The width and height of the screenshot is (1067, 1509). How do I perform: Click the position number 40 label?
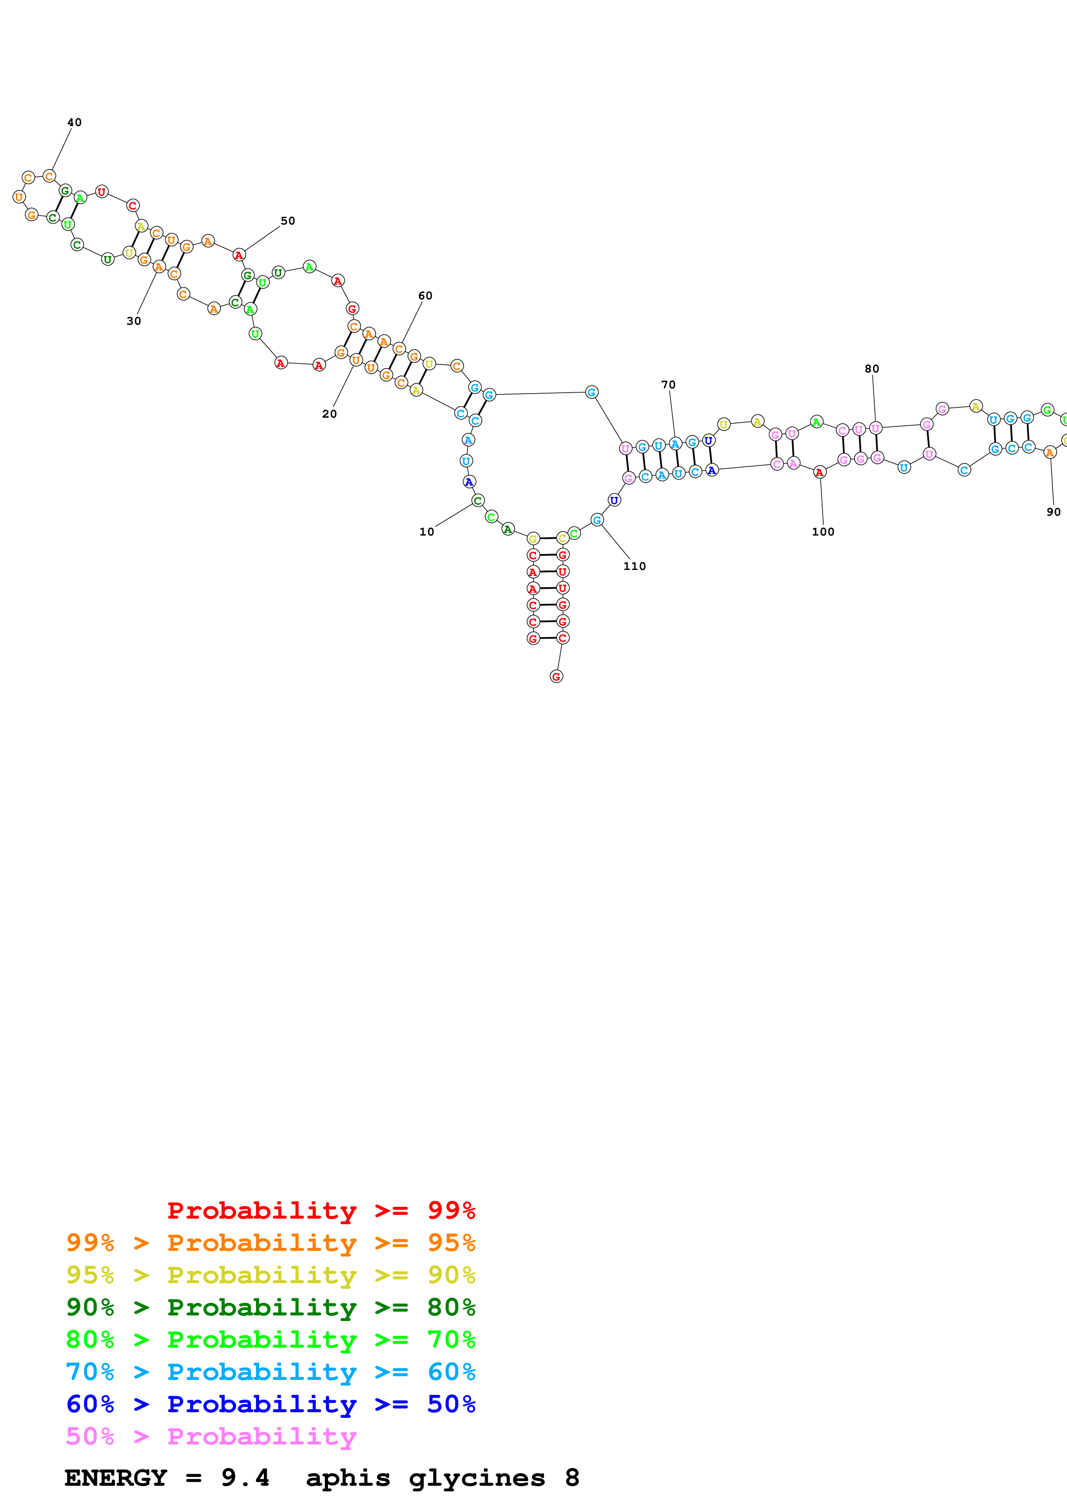coord(74,122)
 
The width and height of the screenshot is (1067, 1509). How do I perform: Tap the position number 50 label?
coord(288,221)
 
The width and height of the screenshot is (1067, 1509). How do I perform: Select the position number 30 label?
coord(133,321)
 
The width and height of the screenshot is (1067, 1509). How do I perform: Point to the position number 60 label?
coord(425,296)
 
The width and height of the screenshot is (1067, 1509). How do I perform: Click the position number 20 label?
coord(329,414)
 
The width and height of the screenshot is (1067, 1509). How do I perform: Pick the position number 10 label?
coord(427,532)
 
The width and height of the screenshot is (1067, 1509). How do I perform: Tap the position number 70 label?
coord(668,385)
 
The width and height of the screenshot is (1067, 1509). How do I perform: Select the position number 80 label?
coord(872,369)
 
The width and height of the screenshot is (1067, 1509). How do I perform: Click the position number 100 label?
coord(823,532)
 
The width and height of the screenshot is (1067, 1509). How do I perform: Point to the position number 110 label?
coord(634,566)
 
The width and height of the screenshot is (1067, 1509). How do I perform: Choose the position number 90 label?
coord(1053,512)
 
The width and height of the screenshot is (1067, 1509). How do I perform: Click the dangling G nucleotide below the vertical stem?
coord(556,676)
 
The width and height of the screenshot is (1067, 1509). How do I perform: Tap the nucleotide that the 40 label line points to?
coord(49,176)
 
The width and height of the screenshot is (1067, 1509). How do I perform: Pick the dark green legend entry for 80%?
coord(270,1307)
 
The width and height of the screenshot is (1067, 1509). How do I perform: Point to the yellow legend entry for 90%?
coord(270,1275)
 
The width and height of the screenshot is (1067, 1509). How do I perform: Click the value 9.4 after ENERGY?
coord(245,1478)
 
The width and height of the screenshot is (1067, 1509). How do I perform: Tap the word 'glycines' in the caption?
coord(476,1478)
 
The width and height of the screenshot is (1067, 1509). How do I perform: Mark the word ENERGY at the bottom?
coord(116,1478)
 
